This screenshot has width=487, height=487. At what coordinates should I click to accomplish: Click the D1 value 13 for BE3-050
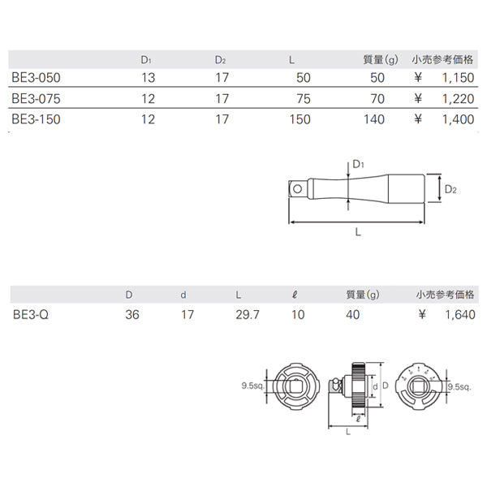coord(146,79)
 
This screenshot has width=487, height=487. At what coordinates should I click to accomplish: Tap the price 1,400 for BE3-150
coord(457,118)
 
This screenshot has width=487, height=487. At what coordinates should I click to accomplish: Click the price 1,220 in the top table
coord(457,98)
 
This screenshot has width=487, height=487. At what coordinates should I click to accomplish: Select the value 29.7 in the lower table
coord(247,314)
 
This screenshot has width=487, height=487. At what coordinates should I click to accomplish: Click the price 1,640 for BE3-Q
coord(457,314)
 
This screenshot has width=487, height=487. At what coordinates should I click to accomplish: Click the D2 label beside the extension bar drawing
coord(450,189)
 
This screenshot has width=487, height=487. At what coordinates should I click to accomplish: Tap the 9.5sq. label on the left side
coord(255,387)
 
